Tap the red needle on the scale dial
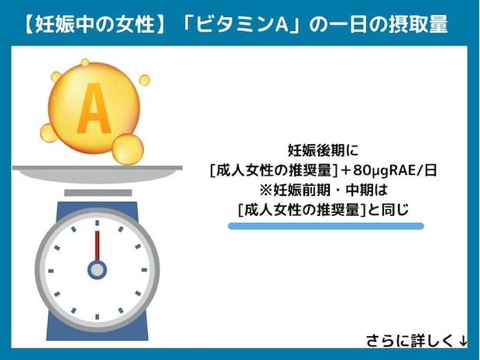coord(97,246)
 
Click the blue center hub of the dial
coord(97,269)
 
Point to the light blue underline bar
coord(325,226)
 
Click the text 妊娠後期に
coord(324,151)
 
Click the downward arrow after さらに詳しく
coord(462,341)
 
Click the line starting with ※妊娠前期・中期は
coord(324,190)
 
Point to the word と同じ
coord(392,208)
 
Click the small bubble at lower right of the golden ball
coord(128,149)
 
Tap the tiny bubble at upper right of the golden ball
coord(144,80)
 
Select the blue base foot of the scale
coord(97,334)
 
